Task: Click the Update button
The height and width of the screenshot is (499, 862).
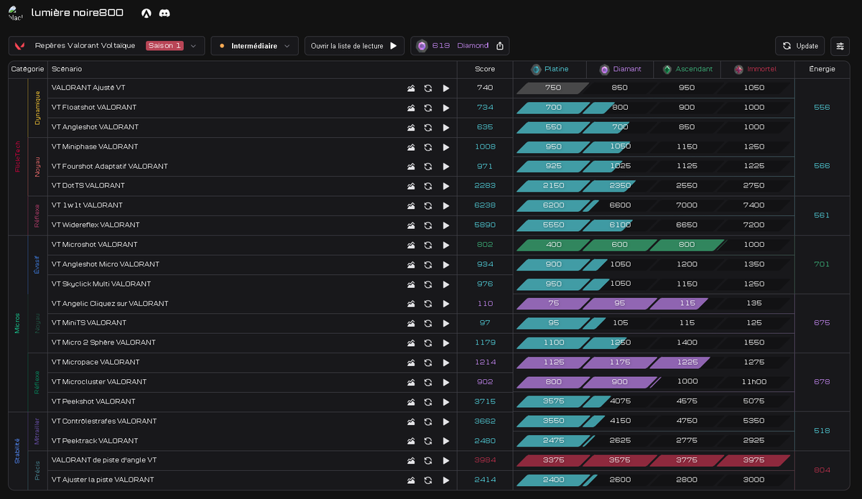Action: tap(800, 46)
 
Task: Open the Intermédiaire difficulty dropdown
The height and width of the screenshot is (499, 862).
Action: tap(254, 46)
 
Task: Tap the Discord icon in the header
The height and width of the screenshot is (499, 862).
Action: tap(164, 13)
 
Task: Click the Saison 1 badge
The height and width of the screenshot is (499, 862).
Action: tap(164, 45)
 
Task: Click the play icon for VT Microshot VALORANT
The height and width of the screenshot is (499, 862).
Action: tap(446, 245)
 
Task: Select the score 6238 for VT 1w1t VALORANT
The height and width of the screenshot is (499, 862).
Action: tap(484, 205)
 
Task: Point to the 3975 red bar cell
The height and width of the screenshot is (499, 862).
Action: tap(754, 460)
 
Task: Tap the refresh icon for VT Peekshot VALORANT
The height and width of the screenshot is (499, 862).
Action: tap(428, 402)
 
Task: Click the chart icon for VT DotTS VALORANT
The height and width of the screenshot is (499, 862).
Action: tap(411, 186)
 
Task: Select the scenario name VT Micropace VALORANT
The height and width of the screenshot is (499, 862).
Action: tap(96, 362)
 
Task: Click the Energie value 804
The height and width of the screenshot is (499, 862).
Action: tap(822, 470)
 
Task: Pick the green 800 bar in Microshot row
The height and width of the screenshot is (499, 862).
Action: tap(687, 245)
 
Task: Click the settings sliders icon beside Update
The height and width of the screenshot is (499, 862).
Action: tap(840, 46)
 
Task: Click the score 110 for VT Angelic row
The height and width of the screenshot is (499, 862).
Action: tap(485, 304)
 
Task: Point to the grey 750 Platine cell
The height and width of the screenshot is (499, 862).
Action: tap(552, 88)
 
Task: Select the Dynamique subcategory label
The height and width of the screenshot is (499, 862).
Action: tap(37, 108)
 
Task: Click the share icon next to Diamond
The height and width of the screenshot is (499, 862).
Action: tap(500, 46)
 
